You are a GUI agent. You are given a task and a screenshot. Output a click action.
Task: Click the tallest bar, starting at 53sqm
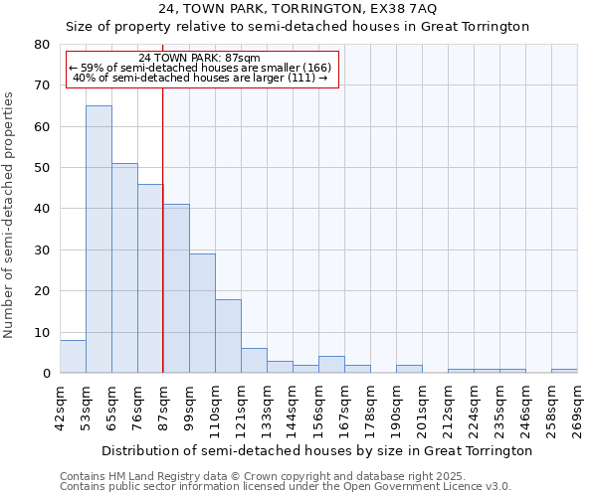99,239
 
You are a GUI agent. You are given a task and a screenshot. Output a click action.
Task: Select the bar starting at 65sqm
124,268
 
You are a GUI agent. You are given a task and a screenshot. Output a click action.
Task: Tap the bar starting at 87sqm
176,288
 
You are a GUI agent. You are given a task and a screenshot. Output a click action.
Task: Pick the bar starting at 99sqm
202,313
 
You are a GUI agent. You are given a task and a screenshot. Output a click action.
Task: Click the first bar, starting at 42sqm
73,357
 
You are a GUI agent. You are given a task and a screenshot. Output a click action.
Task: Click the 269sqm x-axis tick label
577,408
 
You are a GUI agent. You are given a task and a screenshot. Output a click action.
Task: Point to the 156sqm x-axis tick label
318,408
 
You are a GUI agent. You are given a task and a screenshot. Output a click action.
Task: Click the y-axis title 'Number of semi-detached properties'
10,215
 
